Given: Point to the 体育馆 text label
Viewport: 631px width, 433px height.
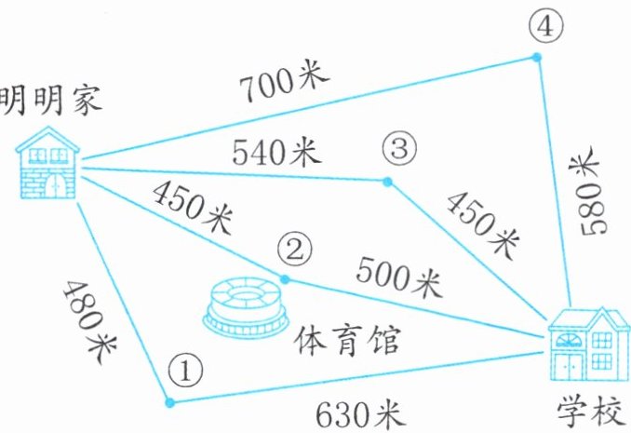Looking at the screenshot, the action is [x=347, y=340].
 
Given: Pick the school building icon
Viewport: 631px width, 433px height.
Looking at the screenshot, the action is [x=588, y=344].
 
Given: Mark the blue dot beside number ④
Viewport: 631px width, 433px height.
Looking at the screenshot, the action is [x=536, y=58].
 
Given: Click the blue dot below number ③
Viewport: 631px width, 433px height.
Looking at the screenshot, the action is [x=387, y=181].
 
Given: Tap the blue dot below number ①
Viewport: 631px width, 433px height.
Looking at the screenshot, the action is [x=169, y=403].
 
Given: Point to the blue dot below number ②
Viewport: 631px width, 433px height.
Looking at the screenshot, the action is [x=286, y=278].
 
